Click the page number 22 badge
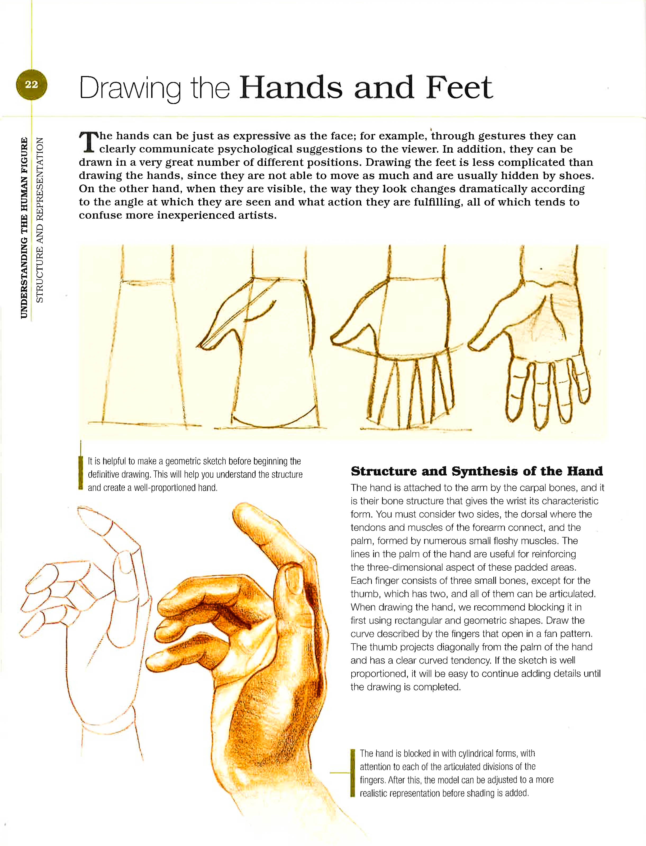[x=31, y=85]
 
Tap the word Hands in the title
[x=291, y=88]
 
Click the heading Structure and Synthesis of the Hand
[x=477, y=471]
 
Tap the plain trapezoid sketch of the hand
[x=144, y=346]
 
